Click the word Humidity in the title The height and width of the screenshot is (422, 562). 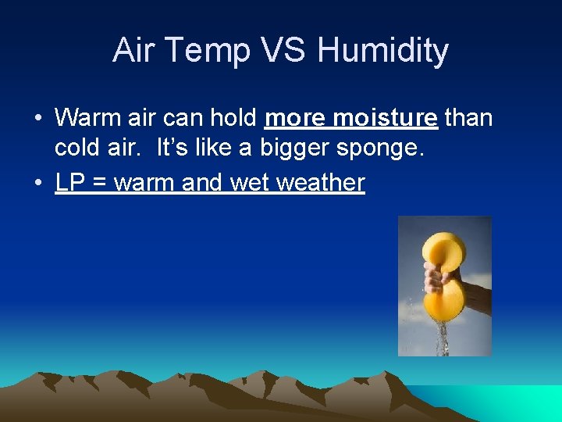coord(382,51)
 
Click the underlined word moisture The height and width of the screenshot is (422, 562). coord(385,118)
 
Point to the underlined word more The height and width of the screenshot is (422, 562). coord(296,118)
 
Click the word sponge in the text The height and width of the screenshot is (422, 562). coord(382,148)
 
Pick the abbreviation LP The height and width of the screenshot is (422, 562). coord(69,183)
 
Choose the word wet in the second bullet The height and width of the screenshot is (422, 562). coord(252,183)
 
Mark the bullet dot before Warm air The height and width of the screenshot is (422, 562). coord(37,119)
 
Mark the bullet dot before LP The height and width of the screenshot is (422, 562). coord(37,184)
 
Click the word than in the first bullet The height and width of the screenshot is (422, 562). coord(468,118)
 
